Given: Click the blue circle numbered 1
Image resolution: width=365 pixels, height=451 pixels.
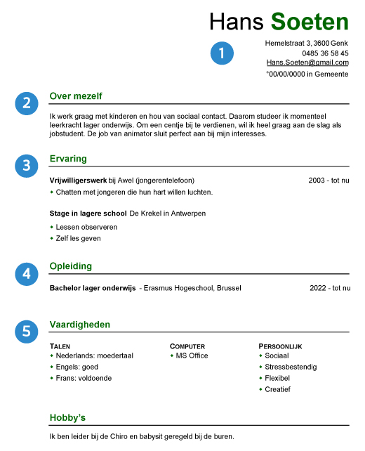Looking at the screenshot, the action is [x=222, y=53].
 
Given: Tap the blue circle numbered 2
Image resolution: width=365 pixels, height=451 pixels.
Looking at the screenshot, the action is [x=26, y=103].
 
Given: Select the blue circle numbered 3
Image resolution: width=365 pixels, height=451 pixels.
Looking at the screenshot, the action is [x=26, y=165].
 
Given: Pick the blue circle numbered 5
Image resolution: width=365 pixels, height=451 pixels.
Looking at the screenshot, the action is [x=26, y=331].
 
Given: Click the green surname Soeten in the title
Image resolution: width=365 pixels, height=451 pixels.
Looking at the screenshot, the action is [x=310, y=22].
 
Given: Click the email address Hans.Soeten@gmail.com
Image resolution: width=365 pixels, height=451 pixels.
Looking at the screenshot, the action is [x=307, y=63].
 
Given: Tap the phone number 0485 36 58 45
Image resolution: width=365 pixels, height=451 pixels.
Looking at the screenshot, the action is [x=325, y=53].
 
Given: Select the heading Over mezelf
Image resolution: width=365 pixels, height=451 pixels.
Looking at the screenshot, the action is [x=77, y=96].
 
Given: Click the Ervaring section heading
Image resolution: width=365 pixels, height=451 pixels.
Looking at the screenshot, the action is [x=68, y=159].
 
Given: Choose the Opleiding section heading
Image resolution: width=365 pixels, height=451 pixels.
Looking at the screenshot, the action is [x=71, y=266].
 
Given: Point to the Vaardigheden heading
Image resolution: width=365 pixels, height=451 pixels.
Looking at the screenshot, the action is [x=79, y=325].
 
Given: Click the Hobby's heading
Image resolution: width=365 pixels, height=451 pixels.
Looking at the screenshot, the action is [x=67, y=418].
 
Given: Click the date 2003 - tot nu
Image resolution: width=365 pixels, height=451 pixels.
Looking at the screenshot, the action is [x=328, y=181].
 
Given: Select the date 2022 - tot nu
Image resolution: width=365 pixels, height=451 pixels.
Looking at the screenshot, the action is [x=329, y=288].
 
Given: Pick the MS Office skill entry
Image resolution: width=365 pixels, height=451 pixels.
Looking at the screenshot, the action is [x=192, y=355].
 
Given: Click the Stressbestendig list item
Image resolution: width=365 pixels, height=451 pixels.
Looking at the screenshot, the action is [x=291, y=367].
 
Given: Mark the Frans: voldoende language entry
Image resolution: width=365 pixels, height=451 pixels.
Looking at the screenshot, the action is [x=84, y=378].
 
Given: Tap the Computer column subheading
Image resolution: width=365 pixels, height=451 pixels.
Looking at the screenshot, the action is [x=187, y=346].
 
